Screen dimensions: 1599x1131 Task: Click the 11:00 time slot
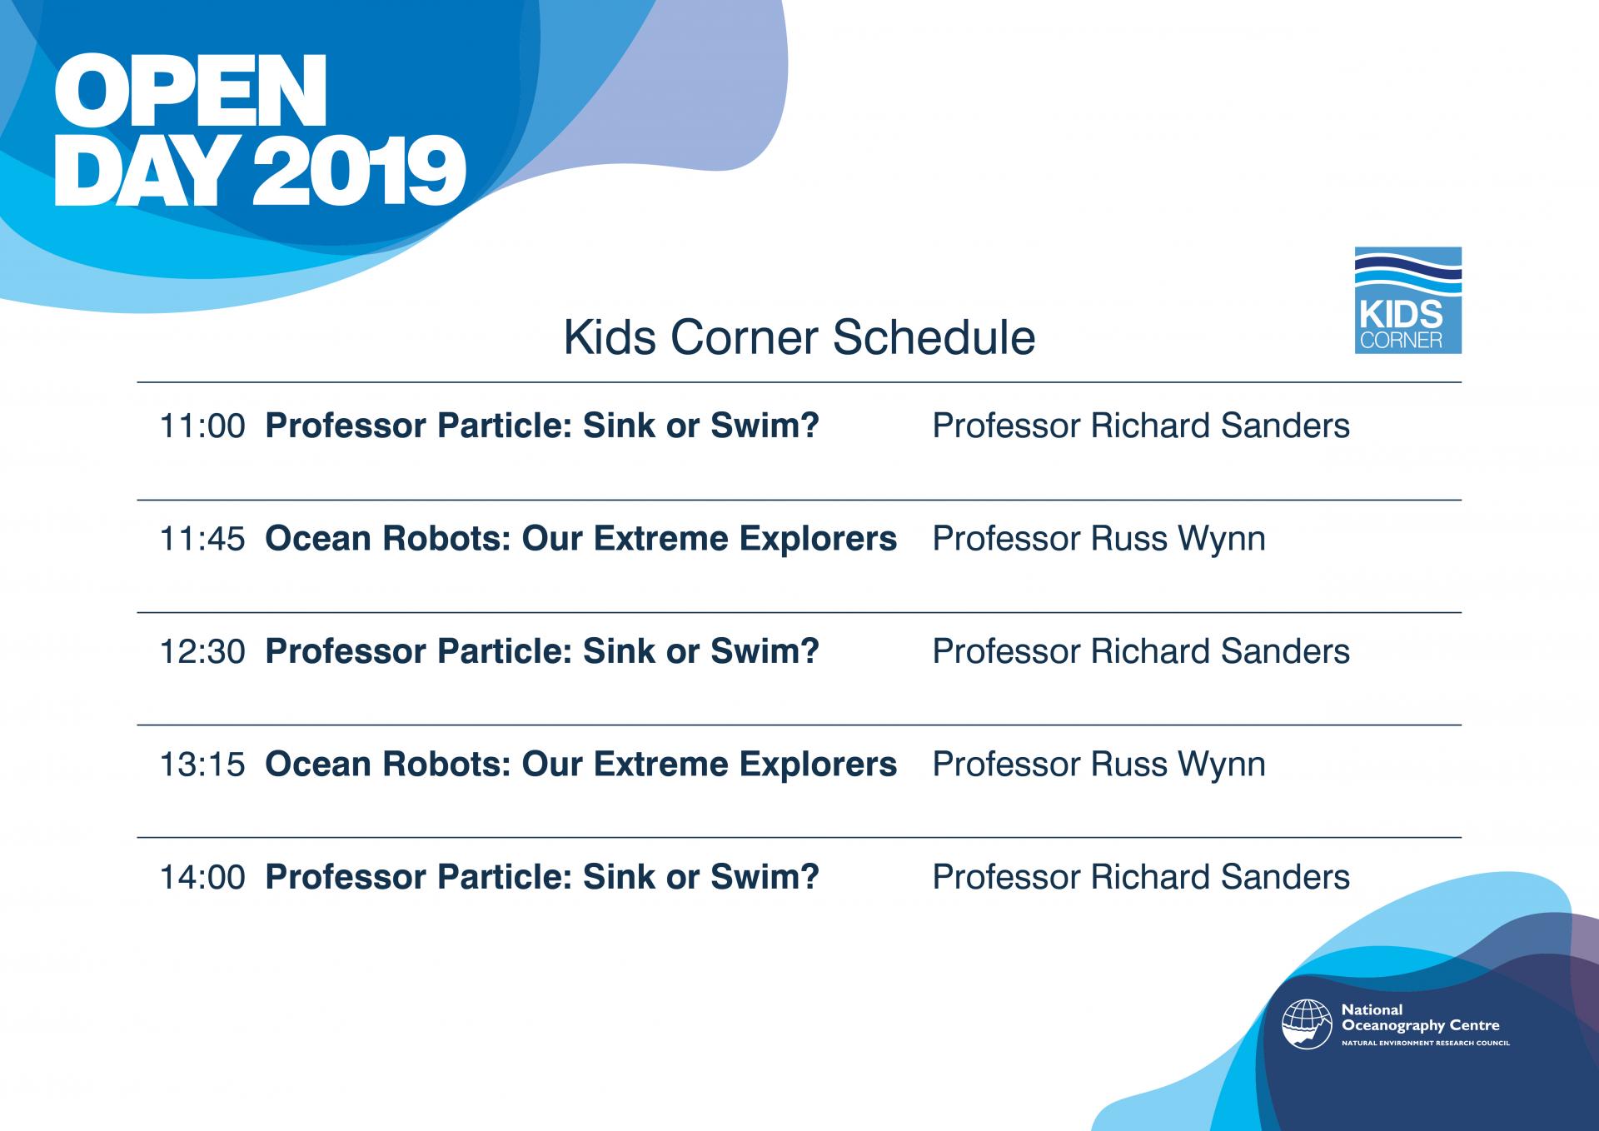coord(202,426)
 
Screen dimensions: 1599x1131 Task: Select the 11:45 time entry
coord(202,539)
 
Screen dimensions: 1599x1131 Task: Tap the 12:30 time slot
coord(202,651)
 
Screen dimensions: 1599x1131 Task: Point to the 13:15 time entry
coord(202,765)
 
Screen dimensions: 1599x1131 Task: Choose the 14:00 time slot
coord(202,877)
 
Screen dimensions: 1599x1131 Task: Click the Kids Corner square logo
coord(1407,300)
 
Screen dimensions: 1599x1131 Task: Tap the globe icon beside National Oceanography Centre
coord(1307,1024)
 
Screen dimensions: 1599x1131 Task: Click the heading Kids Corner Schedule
coord(799,337)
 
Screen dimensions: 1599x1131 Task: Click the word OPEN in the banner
coord(190,92)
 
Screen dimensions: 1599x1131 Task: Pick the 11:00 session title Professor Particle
coord(542,426)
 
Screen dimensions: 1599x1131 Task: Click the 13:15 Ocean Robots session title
coord(580,765)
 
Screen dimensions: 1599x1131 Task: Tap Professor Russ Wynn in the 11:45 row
coord(1098,539)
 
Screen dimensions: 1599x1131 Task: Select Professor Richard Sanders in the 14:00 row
coord(1141,877)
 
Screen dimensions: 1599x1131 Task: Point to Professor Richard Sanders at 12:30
coord(1141,651)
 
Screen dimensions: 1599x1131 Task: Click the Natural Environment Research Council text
coord(1425,1043)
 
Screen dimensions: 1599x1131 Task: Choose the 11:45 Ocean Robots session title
coord(580,539)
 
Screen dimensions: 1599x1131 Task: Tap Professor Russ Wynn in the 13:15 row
coord(1098,765)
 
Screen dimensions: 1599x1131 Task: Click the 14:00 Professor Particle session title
coord(542,877)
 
